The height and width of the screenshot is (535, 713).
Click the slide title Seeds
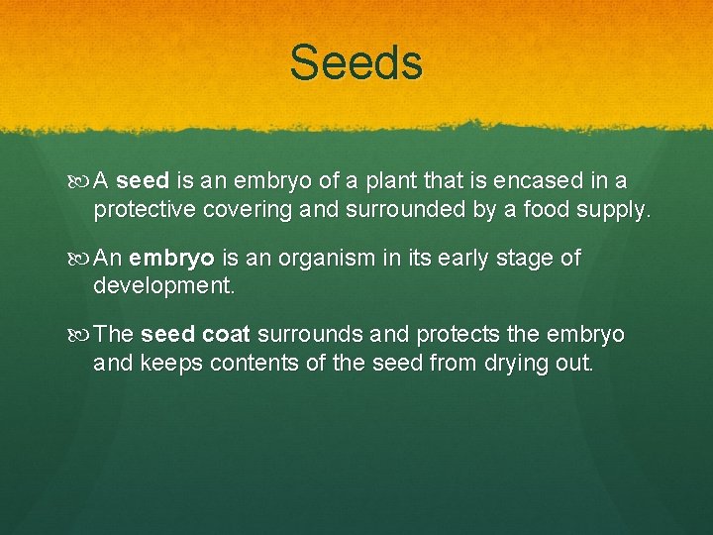356,63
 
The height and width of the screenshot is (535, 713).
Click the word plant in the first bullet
389,181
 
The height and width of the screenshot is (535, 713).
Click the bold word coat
228,335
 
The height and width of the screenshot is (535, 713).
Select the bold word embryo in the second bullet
171,259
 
